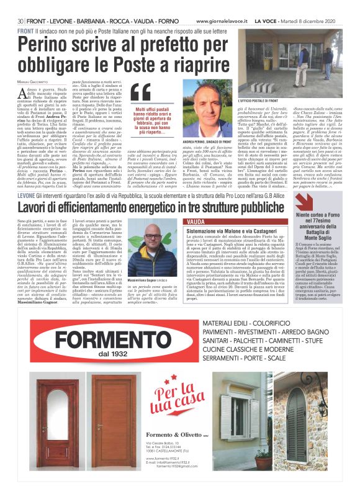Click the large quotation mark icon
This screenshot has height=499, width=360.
[140, 92]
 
